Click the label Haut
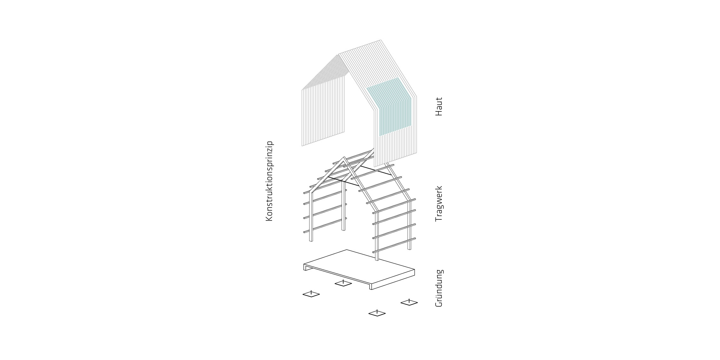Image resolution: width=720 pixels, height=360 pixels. pos(439,107)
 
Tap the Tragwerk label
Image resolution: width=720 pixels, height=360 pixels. pos(439,204)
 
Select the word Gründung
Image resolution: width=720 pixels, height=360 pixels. pos(439,288)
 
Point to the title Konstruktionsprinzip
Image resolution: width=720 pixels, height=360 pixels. pos(269,181)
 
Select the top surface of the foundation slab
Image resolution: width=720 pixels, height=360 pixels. pos(359,267)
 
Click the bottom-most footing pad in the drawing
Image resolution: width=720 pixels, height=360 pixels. pos(377,314)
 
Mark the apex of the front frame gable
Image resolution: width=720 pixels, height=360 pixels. pos(343,157)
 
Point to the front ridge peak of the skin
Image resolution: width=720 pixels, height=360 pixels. pos(339,54)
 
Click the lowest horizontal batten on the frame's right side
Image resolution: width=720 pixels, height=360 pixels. pos(394,245)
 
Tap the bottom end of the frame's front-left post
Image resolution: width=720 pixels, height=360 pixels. pos(311,241)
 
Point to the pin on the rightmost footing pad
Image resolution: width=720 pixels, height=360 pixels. pos(409,301)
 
